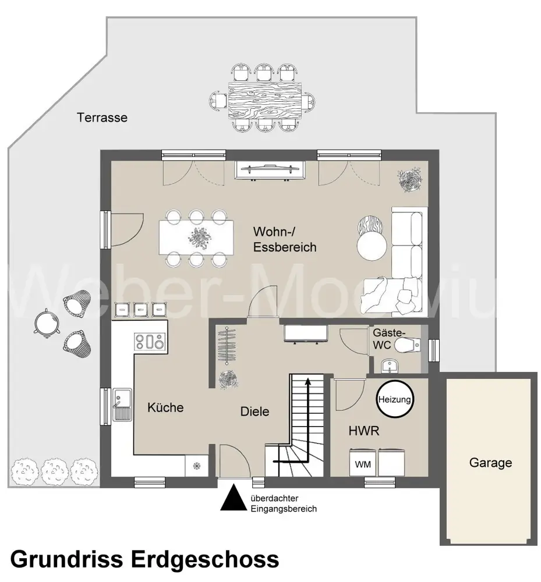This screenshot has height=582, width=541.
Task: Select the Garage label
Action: point(490,463)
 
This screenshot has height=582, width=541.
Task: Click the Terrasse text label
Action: point(102,118)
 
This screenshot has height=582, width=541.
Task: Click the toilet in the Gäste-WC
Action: point(408,346)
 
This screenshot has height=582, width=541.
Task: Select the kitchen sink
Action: point(122,404)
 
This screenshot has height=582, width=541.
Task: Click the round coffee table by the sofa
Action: point(371,246)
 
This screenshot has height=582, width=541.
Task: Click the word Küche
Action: point(165,407)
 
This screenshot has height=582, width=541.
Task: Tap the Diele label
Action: point(255,411)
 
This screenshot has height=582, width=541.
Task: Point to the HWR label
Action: point(364,431)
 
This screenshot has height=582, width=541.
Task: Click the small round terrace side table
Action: point(46,321)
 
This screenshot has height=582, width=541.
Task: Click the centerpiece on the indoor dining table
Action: point(197,236)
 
